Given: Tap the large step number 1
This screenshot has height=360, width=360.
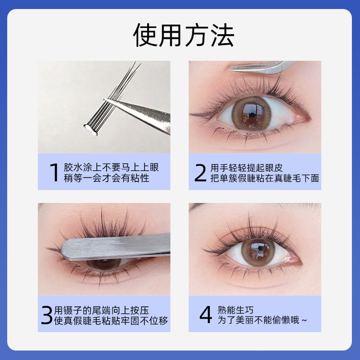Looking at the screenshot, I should click(54, 172).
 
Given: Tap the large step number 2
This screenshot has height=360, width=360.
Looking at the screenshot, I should click(201, 172).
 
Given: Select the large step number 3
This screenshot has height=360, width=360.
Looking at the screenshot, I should click(46, 315).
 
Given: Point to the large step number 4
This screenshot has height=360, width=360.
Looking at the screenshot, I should click(205, 315).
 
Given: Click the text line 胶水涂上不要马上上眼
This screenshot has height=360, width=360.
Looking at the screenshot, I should click(111, 167).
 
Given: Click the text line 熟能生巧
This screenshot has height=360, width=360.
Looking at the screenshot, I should click(236, 310).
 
